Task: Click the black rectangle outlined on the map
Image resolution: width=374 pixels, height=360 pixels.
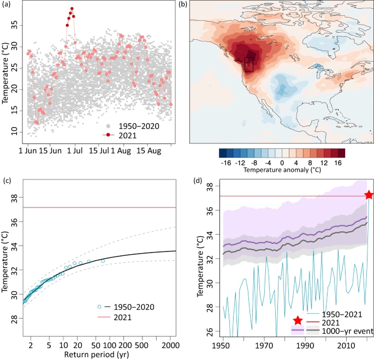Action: (249, 64)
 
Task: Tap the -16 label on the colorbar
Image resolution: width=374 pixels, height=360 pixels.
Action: (225, 162)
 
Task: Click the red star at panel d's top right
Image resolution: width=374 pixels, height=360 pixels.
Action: (369, 195)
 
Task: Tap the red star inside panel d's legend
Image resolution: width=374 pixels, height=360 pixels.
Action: (298, 321)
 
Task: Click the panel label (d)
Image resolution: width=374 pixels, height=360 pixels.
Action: (198, 180)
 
